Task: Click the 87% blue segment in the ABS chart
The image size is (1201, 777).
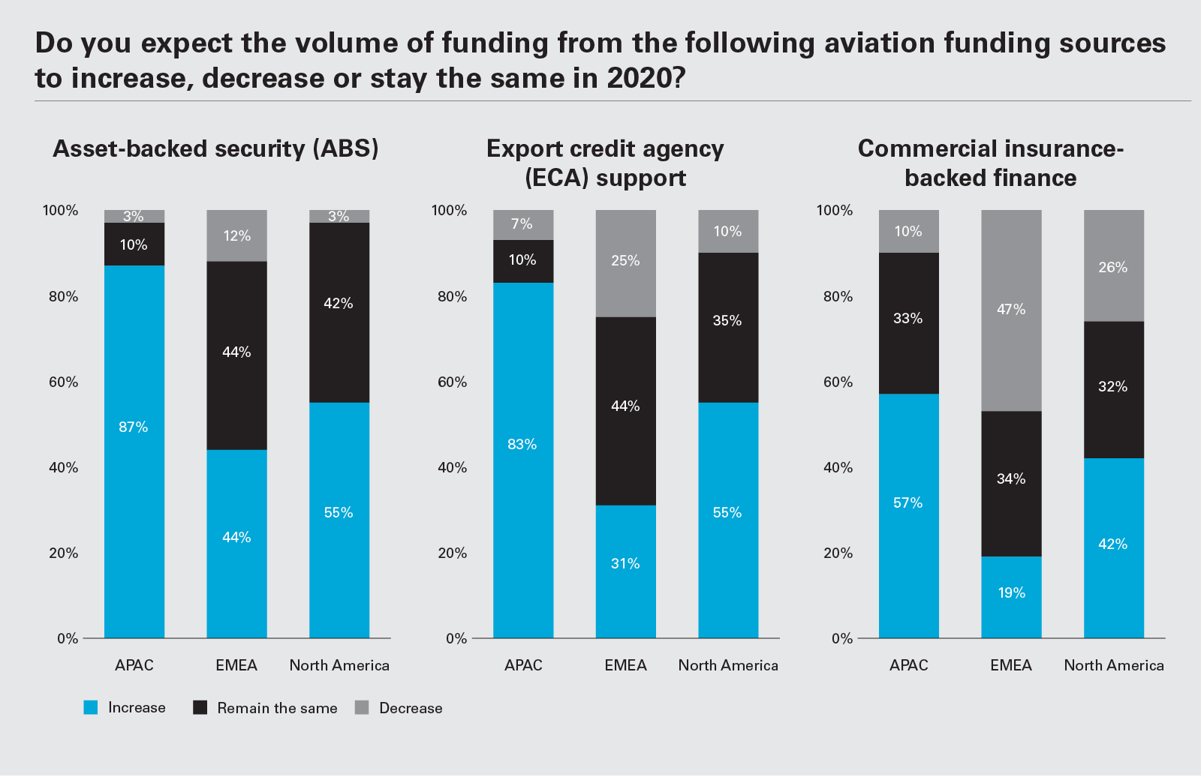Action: click(134, 450)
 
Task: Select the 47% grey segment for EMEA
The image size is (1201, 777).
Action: click(1011, 310)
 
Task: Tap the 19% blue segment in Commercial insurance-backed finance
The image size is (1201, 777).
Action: click(1011, 596)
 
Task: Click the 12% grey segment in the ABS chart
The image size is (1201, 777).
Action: click(236, 235)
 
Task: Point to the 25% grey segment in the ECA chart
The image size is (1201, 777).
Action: click(625, 263)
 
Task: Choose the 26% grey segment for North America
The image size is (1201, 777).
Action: click(1113, 266)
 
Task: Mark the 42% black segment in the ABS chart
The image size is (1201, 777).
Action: click(339, 312)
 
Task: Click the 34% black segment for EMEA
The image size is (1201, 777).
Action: click(1011, 483)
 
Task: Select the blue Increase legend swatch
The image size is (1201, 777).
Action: click(91, 707)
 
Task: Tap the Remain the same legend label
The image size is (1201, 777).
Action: click(277, 708)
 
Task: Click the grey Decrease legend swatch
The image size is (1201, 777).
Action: click(362, 707)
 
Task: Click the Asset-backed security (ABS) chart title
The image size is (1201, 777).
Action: click(215, 148)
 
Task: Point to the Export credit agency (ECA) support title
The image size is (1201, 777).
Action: click(605, 163)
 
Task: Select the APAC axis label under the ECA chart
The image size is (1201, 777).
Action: click(523, 665)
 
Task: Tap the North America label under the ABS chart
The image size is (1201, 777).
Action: click(339, 665)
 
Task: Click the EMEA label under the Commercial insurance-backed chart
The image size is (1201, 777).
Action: click(1011, 665)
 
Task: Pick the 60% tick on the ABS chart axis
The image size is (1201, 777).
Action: click(64, 382)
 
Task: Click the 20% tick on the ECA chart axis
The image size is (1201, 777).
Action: click(453, 553)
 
